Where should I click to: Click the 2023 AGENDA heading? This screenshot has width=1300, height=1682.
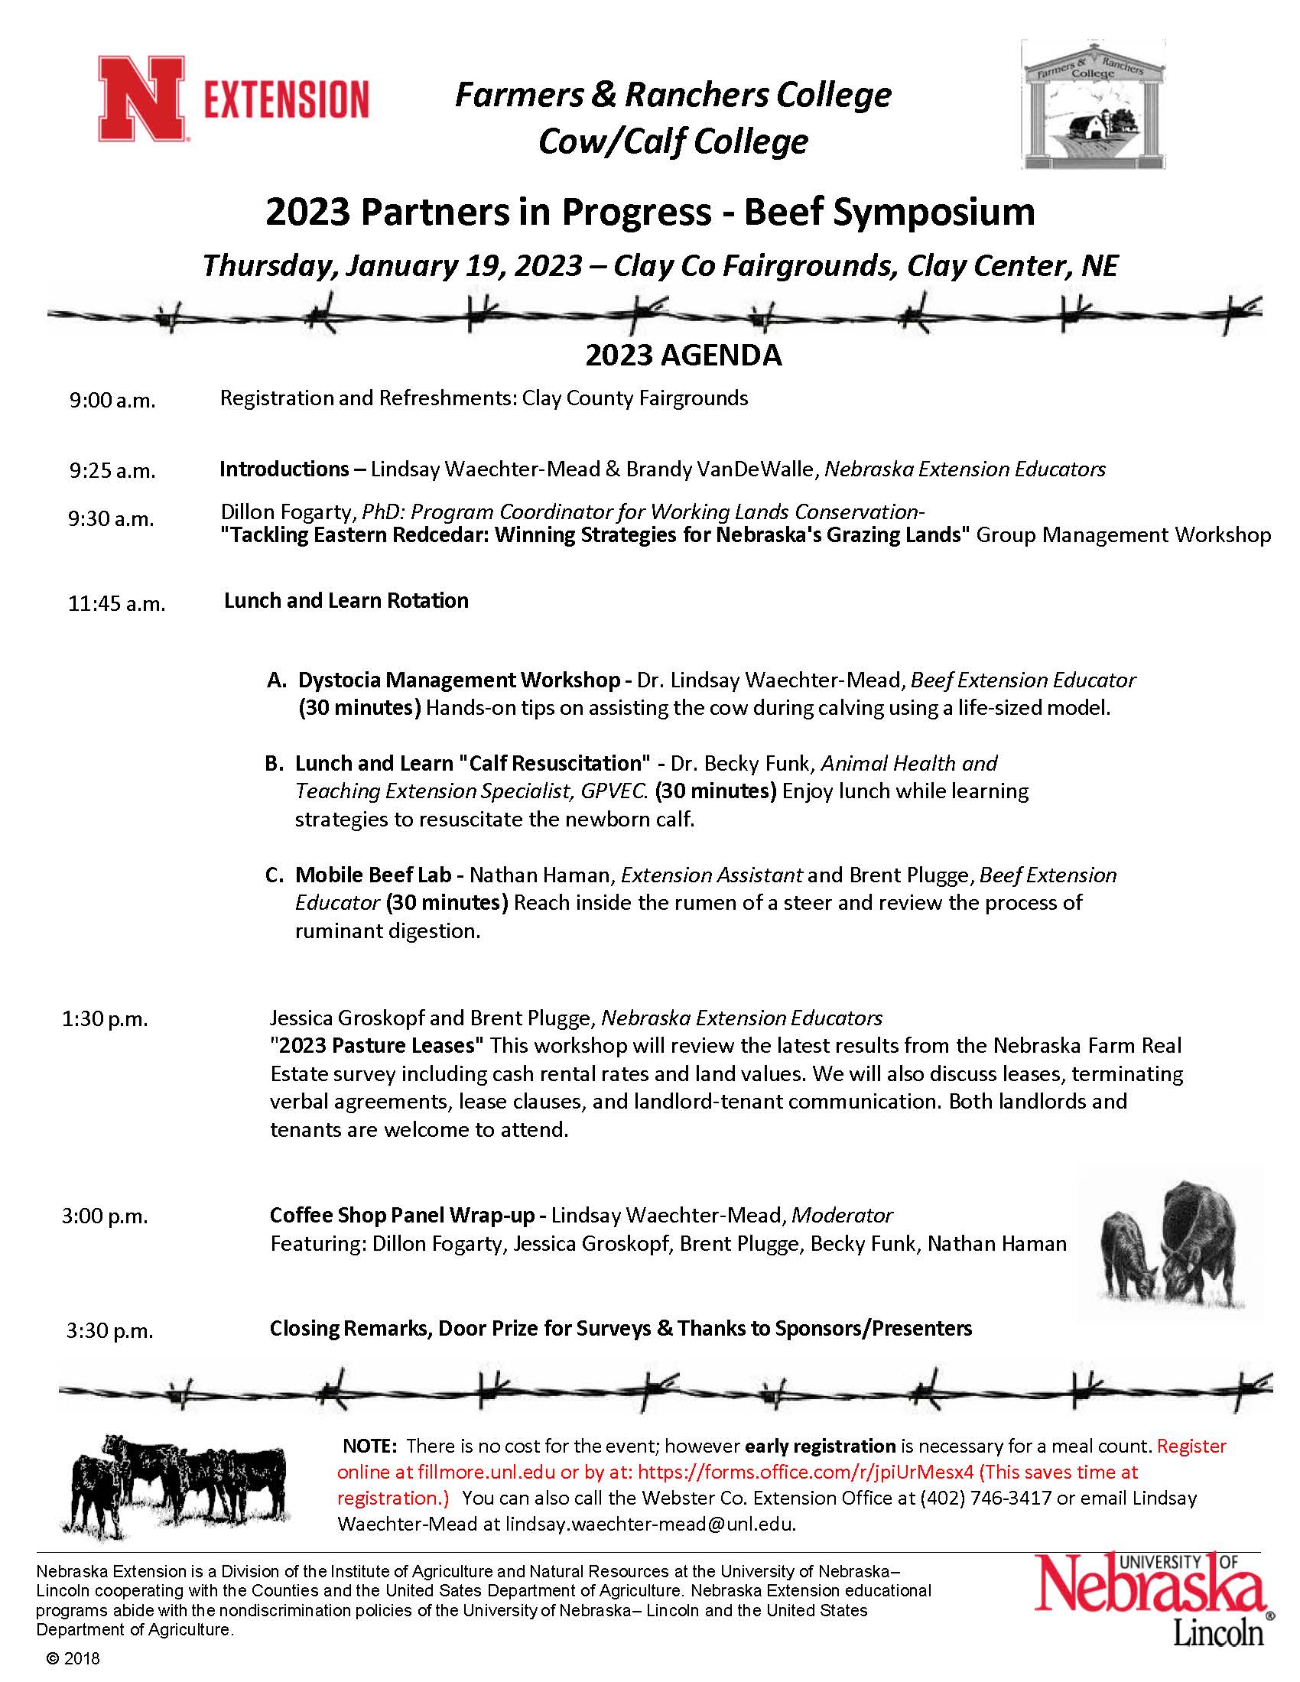pyautogui.click(x=683, y=355)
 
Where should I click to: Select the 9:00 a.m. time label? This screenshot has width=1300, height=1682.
pyautogui.click(x=112, y=401)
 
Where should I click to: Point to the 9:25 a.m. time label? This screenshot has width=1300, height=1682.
pyautogui.click(x=112, y=470)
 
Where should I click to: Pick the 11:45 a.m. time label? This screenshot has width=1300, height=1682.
pyautogui.click(x=117, y=603)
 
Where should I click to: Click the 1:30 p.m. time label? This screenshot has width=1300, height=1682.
pyautogui.click(x=105, y=1019)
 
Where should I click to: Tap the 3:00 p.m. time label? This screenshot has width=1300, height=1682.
pyautogui.click(x=105, y=1216)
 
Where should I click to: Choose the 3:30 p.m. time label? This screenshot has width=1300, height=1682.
pyautogui.click(x=109, y=1330)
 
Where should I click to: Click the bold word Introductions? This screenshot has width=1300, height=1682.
pyautogui.click(x=284, y=469)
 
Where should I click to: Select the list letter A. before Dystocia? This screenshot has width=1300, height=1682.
pyautogui.click(x=277, y=680)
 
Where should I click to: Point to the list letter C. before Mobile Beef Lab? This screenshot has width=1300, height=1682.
pyautogui.click(x=275, y=875)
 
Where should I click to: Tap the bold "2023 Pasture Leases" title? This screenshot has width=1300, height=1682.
pyautogui.click(x=377, y=1046)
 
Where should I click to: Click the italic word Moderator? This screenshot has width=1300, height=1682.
pyautogui.click(x=843, y=1216)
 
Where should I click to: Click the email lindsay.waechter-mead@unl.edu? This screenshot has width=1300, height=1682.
pyautogui.click(x=649, y=1524)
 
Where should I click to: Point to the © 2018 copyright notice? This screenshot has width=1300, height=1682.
pyautogui.click(x=73, y=1658)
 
